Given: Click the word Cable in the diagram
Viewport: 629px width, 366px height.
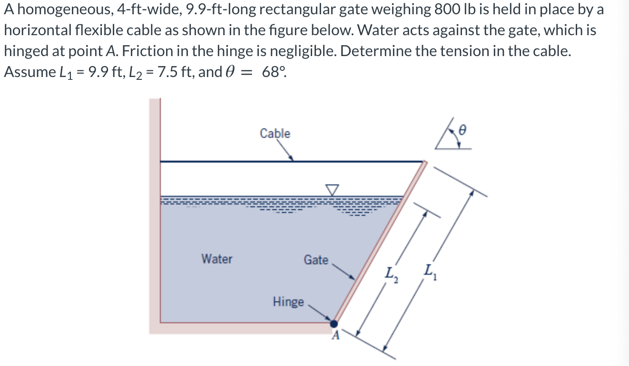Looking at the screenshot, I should tap(275, 134).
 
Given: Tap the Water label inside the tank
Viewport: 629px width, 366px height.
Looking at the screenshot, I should tap(217, 259).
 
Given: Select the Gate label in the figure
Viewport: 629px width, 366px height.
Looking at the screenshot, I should tap(316, 260).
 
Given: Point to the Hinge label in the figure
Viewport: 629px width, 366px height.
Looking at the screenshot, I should tap(288, 302).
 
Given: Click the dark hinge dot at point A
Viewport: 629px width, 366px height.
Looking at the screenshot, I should tap(334, 324).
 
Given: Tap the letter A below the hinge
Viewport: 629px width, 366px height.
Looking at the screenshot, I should tap(335, 337).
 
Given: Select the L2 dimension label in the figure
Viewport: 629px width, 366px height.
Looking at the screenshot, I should tap(391, 274).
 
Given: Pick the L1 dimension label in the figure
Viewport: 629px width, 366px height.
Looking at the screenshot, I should tap(428, 273).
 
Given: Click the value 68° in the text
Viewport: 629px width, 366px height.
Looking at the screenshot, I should tap(274, 72).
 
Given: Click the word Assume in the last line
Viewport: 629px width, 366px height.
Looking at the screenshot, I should tap(29, 72).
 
